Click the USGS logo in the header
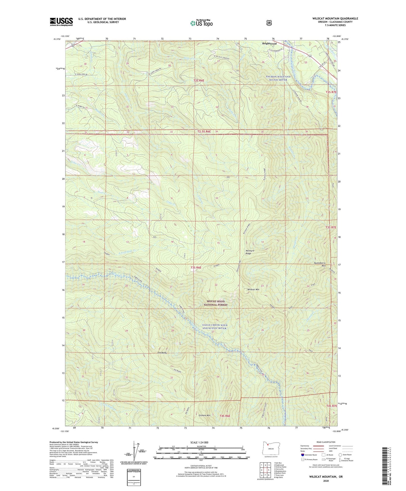click(x=61, y=22)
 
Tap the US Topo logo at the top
click(x=201, y=23)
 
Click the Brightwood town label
click(x=269, y=44)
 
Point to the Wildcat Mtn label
click(x=253, y=289)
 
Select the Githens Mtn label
click(x=204, y=415)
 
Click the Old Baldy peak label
click(x=162, y=353)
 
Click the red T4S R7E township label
click(x=332, y=406)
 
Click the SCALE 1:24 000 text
click(x=199, y=442)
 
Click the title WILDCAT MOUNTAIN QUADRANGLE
click(x=335, y=19)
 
